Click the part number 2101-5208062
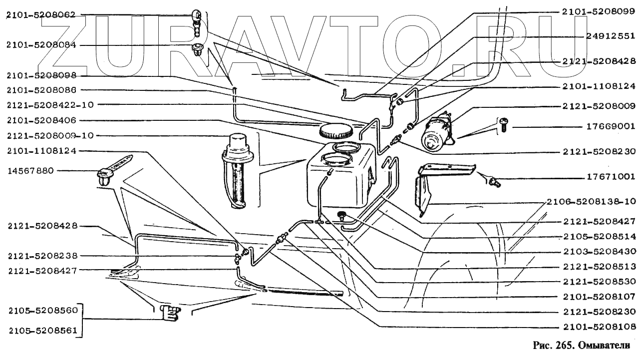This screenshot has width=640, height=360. pos(41,15)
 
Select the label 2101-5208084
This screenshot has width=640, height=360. pos(41,45)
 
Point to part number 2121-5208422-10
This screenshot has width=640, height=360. pos(50,105)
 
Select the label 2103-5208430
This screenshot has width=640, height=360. pos(599,251)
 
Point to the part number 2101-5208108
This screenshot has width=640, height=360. pos(599,327)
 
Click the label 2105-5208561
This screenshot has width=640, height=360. pos(43,330)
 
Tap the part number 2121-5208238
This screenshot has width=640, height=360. pos(43,256)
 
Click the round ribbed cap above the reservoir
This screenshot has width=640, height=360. pos(335,132)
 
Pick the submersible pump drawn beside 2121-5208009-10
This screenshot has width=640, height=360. pos(238,170)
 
